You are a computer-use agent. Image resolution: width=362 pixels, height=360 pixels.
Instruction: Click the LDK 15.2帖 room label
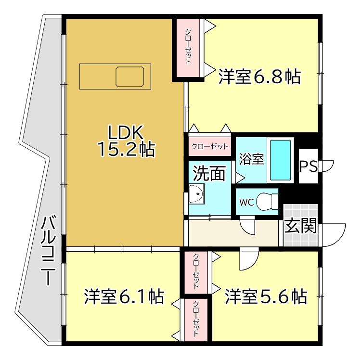[x=126, y=141]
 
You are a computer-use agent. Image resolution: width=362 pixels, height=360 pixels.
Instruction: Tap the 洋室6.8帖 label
[x=259, y=77]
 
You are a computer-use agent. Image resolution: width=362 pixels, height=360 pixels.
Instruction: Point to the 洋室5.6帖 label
[x=265, y=296]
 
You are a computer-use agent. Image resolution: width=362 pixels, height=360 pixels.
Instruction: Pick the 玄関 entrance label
[x=300, y=226]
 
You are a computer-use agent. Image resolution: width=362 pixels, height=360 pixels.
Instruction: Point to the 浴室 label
[x=250, y=159]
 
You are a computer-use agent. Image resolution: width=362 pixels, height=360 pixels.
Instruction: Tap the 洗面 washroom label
[x=209, y=173]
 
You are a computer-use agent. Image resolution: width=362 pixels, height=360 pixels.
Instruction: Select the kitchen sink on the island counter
[x=129, y=77]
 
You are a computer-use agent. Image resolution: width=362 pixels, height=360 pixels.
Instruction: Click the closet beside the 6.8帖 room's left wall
[x=188, y=47]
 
